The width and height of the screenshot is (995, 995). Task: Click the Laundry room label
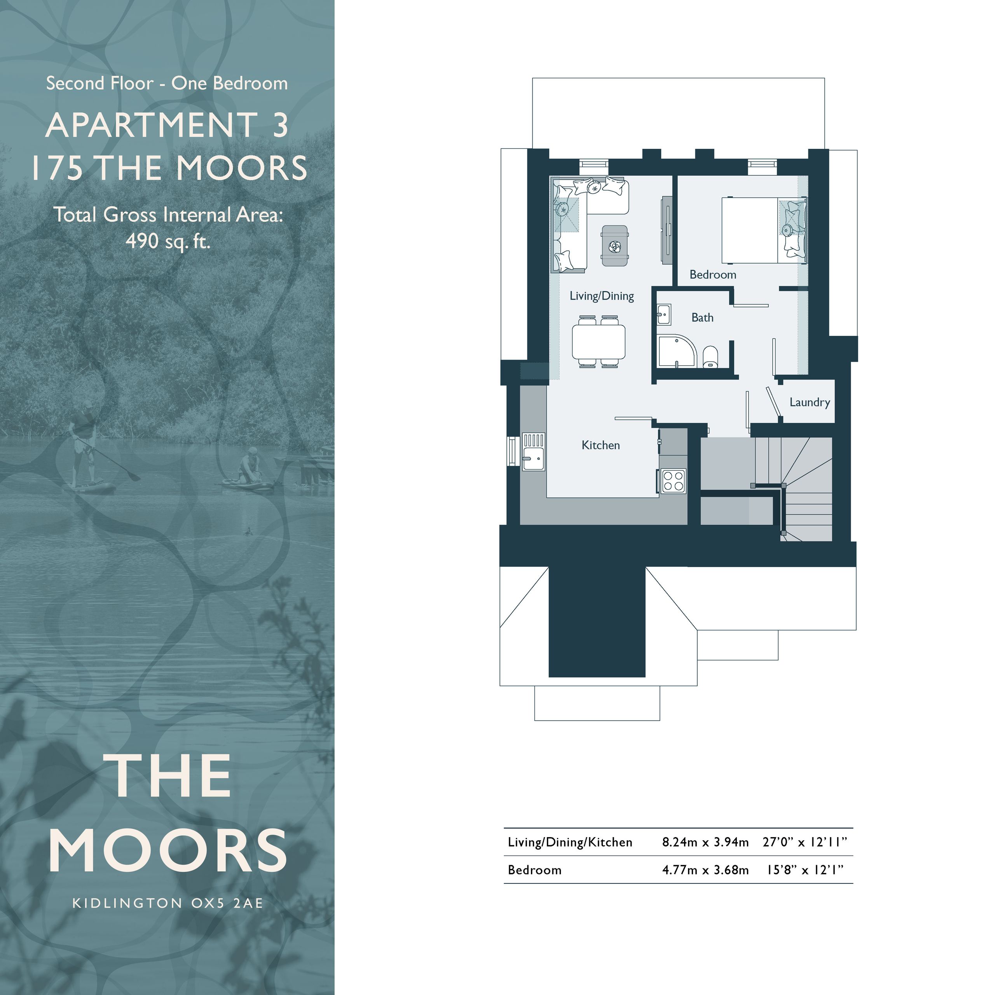coord(810,402)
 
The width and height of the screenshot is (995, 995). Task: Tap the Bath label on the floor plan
coord(702,318)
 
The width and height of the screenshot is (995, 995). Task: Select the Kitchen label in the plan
coord(600,445)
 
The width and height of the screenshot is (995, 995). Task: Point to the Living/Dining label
coord(602,296)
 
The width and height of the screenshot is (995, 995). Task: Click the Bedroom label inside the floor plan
coord(713,274)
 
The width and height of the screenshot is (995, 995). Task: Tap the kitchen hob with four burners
coord(673,481)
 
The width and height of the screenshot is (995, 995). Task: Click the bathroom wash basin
coord(664,314)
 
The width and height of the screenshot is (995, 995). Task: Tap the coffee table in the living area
coord(615,246)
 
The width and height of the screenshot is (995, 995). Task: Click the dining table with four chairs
coord(599,342)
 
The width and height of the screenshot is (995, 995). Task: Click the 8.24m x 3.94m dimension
coord(705,842)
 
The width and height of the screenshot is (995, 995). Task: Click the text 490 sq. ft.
coord(168,241)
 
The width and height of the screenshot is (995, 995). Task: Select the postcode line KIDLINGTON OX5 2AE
coord(168,917)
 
